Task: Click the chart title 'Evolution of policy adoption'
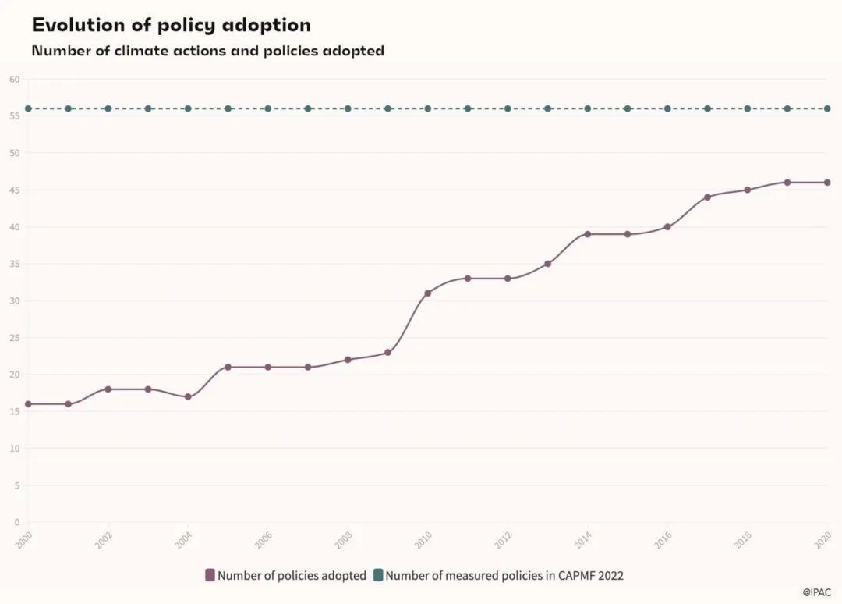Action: point(171,25)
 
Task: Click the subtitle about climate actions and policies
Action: point(207,52)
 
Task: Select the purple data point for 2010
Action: point(428,293)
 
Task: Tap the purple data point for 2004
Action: point(188,396)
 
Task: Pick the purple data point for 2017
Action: point(708,197)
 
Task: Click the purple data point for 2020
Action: point(827,183)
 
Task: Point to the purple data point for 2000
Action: point(28,404)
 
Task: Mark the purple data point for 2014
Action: point(588,234)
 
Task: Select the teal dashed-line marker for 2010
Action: point(428,108)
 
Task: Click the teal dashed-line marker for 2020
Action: point(827,108)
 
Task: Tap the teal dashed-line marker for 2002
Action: point(108,108)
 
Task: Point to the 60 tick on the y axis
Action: point(14,80)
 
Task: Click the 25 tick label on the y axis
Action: point(14,338)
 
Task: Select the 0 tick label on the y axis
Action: point(16,522)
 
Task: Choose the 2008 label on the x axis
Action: point(343,540)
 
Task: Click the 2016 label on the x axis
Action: point(663,540)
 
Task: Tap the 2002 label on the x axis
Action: point(104,540)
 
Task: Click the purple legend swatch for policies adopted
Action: point(210,576)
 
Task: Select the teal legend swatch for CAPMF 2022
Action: point(378,576)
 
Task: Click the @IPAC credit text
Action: point(818,593)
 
